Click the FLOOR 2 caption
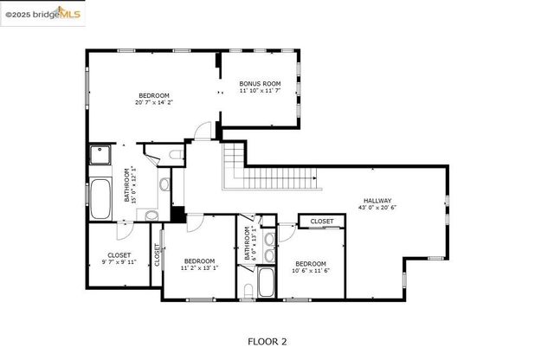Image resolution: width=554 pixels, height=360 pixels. [x=267, y=342]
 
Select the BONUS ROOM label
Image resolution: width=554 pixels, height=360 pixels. [x=260, y=84]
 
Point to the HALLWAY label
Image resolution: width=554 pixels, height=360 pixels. [x=377, y=201]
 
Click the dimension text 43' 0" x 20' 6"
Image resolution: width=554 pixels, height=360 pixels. [x=377, y=209]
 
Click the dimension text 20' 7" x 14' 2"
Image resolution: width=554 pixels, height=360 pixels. [x=154, y=102]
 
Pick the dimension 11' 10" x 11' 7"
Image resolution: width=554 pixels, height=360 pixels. [x=260, y=92]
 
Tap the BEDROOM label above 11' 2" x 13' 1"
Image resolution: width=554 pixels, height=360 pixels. [x=199, y=260]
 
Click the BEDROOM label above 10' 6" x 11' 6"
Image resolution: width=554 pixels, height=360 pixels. [x=310, y=263]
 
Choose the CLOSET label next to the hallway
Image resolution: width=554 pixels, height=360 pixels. [x=322, y=222]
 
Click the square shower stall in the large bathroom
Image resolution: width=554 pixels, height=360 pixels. [x=100, y=156]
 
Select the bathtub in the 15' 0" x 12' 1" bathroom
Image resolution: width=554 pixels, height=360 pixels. [x=100, y=198]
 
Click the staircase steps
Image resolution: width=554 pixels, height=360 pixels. [x=268, y=177]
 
